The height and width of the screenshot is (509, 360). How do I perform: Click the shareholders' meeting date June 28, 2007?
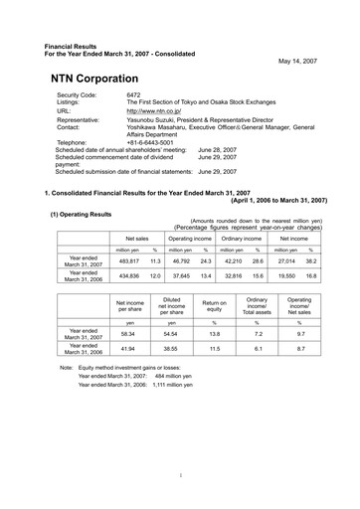pyautogui.click(x=217, y=150)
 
